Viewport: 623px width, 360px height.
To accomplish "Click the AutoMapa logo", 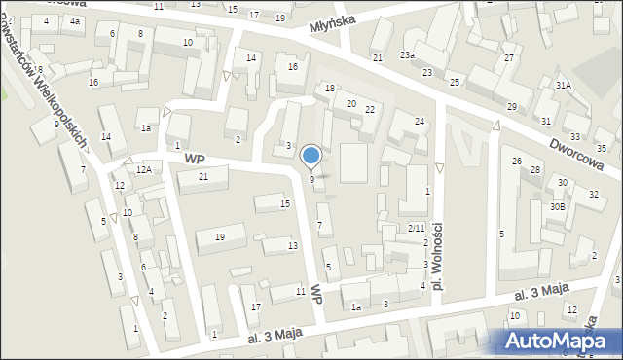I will click(x=560, y=341).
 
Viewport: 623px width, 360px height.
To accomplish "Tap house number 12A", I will click(x=143, y=169).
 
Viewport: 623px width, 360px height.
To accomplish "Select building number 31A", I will click(x=564, y=86).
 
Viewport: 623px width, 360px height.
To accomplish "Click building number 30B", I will click(x=557, y=206).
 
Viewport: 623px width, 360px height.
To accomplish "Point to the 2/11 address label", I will click(x=416, y=228).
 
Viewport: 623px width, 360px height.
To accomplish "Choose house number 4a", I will click(x=75, y=20).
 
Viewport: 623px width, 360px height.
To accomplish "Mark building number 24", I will click(x=420, y=122).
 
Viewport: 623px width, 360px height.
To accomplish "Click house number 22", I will click(x=370, y=109).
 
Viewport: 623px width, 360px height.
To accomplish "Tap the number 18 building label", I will click(x=330, y=89).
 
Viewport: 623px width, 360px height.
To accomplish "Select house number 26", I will click(x=517, y=161).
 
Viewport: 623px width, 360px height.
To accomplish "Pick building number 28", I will click(x=535, y=171).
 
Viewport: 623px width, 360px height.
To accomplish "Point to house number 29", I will click(x=512, y=106).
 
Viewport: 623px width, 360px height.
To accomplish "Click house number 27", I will click(x=508, y=58).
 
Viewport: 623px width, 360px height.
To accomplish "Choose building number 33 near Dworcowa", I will click(x=575, y=137).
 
